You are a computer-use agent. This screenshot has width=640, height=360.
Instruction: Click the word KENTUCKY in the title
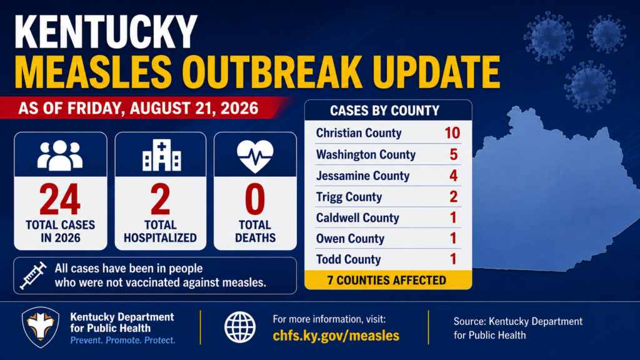(106, 32)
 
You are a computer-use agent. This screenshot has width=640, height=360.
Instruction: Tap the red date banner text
(138, 109)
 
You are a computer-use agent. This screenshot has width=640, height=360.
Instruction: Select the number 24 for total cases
(60, 199)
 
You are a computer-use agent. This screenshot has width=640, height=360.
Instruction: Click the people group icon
(60, 156)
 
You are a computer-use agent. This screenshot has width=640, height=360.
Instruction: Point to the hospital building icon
(161, 155)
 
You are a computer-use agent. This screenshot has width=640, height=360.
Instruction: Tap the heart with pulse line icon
(255, 156)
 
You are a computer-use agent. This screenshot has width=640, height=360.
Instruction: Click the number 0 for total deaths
(255, 199)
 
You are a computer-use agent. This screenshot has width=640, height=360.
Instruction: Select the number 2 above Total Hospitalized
(161, 199)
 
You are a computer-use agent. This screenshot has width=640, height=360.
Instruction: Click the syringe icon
(33, 276)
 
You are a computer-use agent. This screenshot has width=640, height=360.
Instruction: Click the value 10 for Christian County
(452, 133)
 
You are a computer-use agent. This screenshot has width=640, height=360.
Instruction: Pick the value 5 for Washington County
(454, 155)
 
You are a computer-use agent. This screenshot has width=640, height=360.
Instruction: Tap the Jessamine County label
(363, 176)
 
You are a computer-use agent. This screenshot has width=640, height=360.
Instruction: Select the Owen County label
(350, 239)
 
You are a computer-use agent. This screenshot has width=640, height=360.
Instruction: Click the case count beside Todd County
(453, 259)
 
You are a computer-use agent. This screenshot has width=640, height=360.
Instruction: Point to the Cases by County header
(385, 111)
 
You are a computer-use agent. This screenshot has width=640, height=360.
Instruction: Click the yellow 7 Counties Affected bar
(388, 280)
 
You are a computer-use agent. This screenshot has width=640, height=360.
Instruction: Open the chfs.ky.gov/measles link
(336, 336)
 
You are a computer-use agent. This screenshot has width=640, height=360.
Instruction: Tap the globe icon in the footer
(240, 327)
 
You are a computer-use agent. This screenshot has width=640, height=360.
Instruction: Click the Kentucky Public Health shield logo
(41, 327)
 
